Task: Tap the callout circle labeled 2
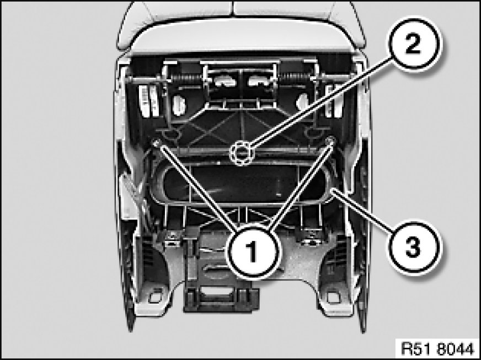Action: tap(414, 45)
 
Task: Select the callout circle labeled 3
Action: tap(413, 247)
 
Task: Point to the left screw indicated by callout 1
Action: tap(157, 142)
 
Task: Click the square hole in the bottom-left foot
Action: tap(156, 297)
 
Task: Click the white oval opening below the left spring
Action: tap(179, 105)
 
